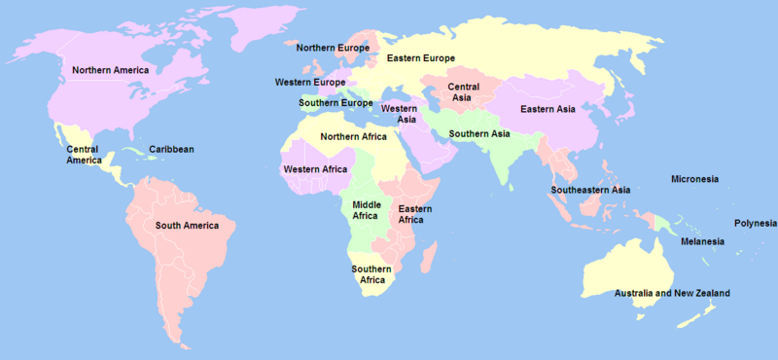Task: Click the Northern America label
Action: [x=110, y=70]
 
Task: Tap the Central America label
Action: [x=84, y=155]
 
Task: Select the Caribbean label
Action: [x=171, y=149]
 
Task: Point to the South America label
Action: [x=188, y=226]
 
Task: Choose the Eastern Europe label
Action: [x=420, y=59]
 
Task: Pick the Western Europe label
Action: [x=310, y=83]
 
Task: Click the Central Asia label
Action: [x=463, y=93]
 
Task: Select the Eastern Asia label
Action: [x=548, y=109]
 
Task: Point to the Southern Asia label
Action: [x=479, y=133]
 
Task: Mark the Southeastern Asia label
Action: [x=590, y=189]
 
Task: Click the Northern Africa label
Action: [x=353, y=136]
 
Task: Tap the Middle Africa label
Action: [x=367, y=211]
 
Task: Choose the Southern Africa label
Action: [x=371, y=274]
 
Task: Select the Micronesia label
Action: [x=695, y=179]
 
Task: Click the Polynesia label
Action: [x=756, y=223]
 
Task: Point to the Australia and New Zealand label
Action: [x=672, y=293]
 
